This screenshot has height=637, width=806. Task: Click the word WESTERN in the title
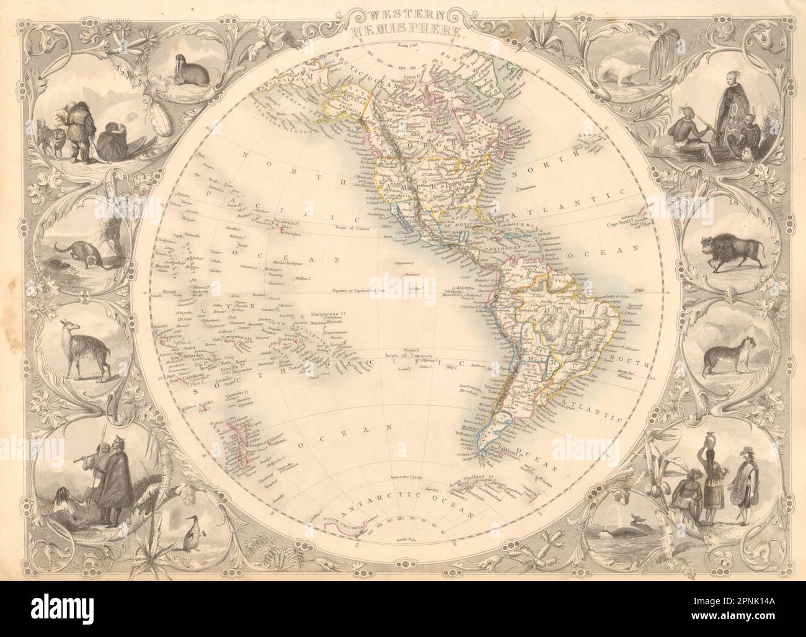pos(402,14)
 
